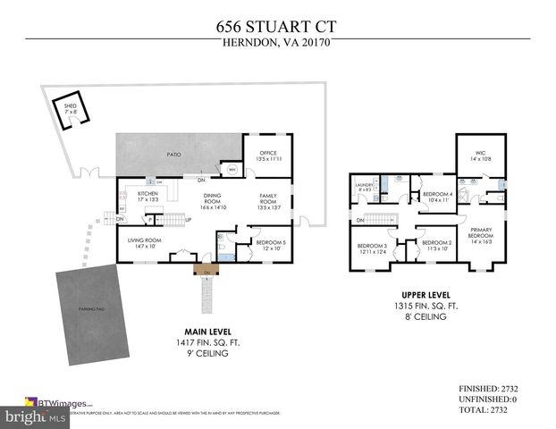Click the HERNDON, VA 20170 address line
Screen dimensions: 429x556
pyautogui.click(x=277, y=44)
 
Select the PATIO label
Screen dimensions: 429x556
pyautogui.click(x=174, y=155)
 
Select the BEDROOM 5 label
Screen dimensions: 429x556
pyautogui.click(x=271, y=244)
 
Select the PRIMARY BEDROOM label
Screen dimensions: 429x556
pyautogui.click(x=481, y=238)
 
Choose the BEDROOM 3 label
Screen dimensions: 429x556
pyautogui.click(x=372, y=248)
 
